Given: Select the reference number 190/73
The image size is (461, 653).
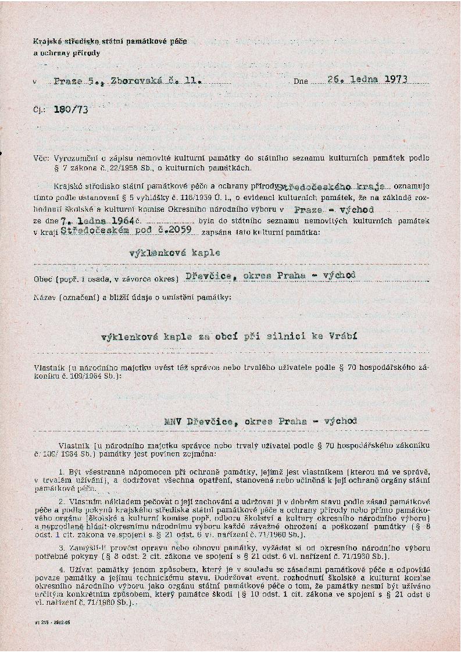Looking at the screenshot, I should [x=70, y=109].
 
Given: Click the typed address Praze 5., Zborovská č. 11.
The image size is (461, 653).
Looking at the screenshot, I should [x=128, y=81].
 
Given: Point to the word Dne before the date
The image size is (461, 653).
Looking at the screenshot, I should [x=301, y=81].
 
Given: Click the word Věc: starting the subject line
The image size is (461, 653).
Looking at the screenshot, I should [x=42, y=158].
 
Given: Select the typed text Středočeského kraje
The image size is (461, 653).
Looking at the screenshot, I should [x=325, y=187].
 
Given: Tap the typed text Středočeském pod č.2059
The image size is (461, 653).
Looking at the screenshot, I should [x=141, y=232].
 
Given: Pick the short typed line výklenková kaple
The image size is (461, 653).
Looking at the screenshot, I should [x=174, y=253].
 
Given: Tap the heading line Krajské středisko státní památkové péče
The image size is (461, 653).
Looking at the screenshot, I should [x=110, y=42].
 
